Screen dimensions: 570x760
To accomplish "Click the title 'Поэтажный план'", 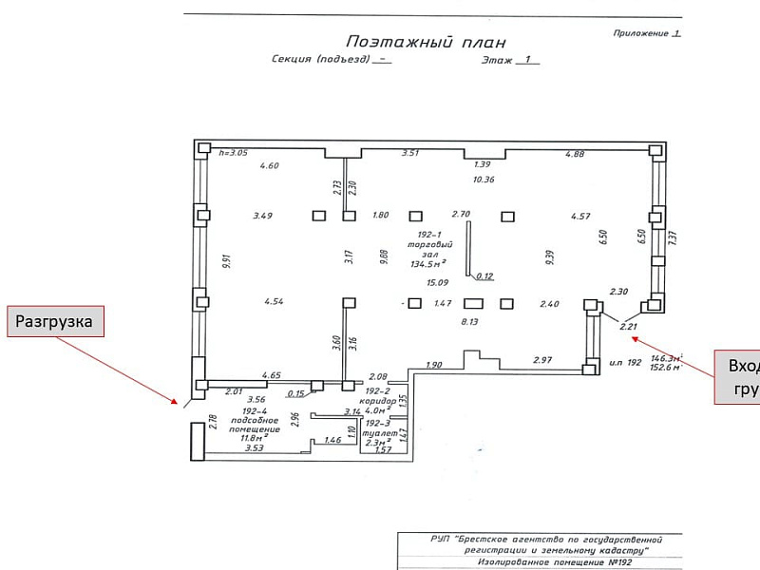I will tap(426, 42).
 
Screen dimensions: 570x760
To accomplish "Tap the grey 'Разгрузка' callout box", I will tap(56, 322).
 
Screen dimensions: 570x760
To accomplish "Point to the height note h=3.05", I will tap(233, 153).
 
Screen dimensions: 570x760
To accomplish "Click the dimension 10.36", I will tap(484, 180).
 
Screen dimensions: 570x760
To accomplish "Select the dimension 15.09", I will tap(437, 283).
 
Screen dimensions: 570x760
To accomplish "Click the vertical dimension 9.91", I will tap(226, 262).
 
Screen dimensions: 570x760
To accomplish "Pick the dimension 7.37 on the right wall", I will tap(672, 238).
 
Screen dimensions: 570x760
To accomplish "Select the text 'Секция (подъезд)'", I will tap(319, 59).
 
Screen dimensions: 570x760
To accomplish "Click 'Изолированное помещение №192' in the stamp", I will tap(537, 562).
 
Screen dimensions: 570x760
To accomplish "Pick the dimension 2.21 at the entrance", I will tap(628, 327).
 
